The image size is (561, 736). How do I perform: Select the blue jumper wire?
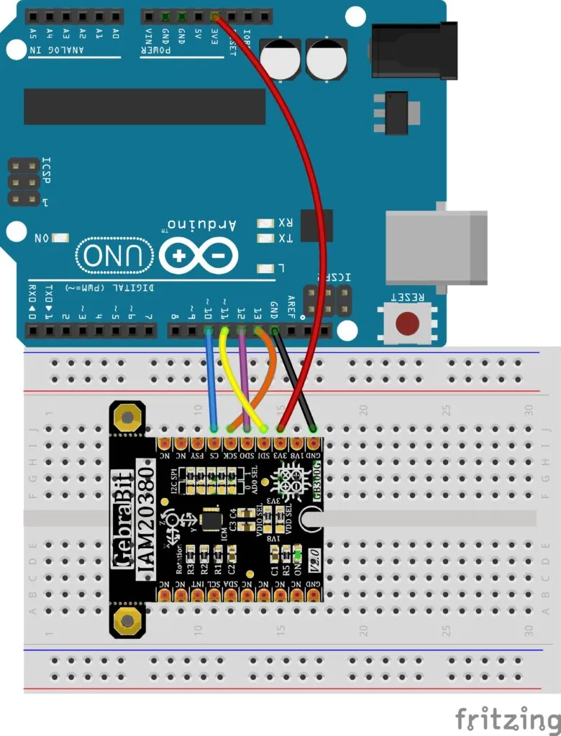211,381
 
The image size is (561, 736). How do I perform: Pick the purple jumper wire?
242,381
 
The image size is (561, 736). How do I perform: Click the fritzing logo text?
507,718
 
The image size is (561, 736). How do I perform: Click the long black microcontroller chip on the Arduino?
145,106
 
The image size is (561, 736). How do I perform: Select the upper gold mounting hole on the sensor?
128,418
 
